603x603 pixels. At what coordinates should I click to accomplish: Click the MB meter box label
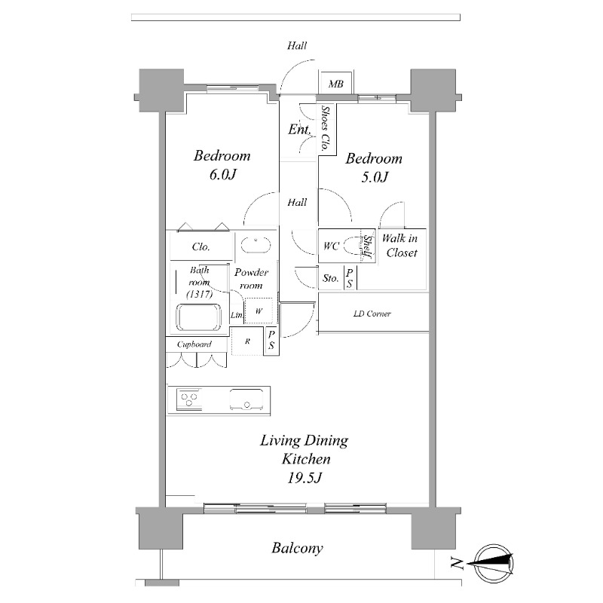(x=335, y=84)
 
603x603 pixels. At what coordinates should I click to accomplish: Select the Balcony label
(x=297, y=548)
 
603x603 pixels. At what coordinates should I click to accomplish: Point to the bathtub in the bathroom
(x=198, y=317)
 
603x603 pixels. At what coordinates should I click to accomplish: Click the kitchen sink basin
(x=247, y=399)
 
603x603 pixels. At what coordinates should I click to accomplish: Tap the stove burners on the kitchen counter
(x=189, y=399)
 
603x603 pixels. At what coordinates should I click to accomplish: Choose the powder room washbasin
(x=256, y=245)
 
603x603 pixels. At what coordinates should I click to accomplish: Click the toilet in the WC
(x=354, y=246)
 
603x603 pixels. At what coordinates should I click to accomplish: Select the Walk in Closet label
(x=400, y=246)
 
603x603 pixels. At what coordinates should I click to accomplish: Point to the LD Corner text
(x=372, y=314)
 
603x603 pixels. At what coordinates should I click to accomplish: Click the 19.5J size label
(x=305, y=478)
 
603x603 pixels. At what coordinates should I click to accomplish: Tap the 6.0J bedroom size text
(x=222, y=175)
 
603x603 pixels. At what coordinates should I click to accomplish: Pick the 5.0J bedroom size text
(x=375, y=177)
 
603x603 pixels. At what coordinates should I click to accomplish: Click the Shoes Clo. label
(x=326, y=128)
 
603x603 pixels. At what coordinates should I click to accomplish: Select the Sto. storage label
(x=330, y=278)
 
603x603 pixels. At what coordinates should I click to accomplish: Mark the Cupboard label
(x=194, y=344)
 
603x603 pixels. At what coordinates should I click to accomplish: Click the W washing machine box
(x=259, y=311)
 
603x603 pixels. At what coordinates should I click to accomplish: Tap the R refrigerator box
(x=247, y=341)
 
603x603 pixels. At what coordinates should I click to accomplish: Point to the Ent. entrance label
(x=299, y=129)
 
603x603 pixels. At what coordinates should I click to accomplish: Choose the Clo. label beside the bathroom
(x=200, y=246)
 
